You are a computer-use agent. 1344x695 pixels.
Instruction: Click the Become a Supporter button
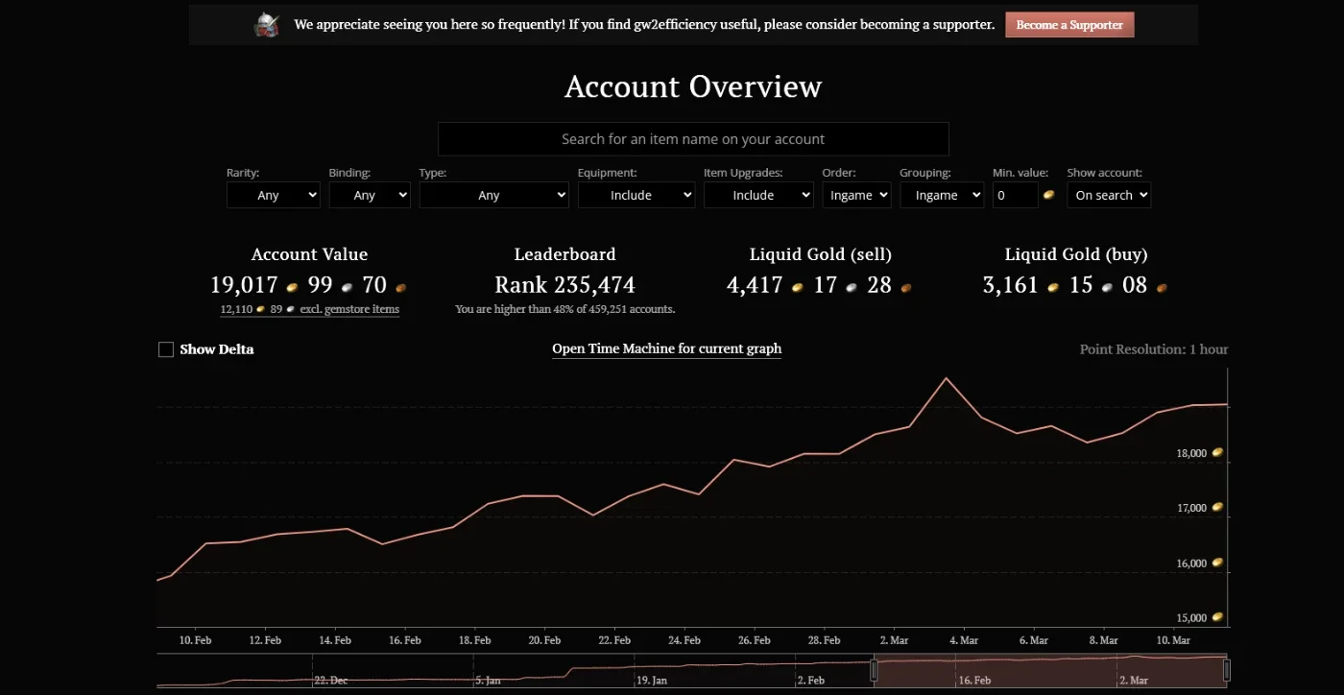tap(1069, 25)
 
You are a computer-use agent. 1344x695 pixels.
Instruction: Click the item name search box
tap(693, 139)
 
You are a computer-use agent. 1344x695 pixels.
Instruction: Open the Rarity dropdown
tap(273, 195)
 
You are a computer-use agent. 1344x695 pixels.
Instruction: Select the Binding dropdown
tap(370, 195)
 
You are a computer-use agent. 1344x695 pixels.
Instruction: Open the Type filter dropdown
tap(493, 195)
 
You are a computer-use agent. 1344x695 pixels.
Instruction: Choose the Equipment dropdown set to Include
tap(636, 195)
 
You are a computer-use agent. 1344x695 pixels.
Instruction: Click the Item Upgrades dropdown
tap(758, 195)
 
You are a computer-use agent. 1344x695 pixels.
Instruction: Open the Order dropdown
tap(856, 195)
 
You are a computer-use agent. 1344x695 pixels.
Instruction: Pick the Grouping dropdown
tap(942, 195)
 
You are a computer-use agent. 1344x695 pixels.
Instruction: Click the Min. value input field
tap(1016, 195)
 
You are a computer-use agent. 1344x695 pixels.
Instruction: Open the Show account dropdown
tap(1109, 195)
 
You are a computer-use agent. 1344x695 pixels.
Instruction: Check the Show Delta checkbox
tap(165, 349)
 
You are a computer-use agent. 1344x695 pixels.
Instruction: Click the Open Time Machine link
tap(666, 348)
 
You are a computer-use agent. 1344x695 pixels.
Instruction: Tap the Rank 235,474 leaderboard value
tap(564, 285)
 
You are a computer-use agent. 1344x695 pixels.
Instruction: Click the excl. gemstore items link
tap(349, 309)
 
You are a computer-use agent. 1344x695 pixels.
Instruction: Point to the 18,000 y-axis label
tap(1191, 453)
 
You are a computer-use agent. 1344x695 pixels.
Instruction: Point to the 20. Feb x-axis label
tap(544, 640)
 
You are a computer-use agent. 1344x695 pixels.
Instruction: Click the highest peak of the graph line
tap(947, 377)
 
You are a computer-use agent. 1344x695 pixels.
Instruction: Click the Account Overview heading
tap(693, 86)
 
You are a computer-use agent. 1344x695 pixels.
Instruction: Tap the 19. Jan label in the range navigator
tap(652, 680)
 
